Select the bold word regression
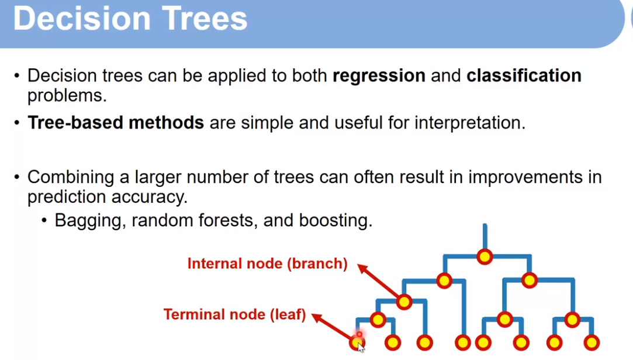379,76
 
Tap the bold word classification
524,76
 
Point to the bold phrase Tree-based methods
116,123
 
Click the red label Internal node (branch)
267,264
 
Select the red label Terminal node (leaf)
234,314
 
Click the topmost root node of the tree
485,256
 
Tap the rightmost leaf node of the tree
592,342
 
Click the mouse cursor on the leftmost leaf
360,347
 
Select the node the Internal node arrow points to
404,302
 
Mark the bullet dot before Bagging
45,221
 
